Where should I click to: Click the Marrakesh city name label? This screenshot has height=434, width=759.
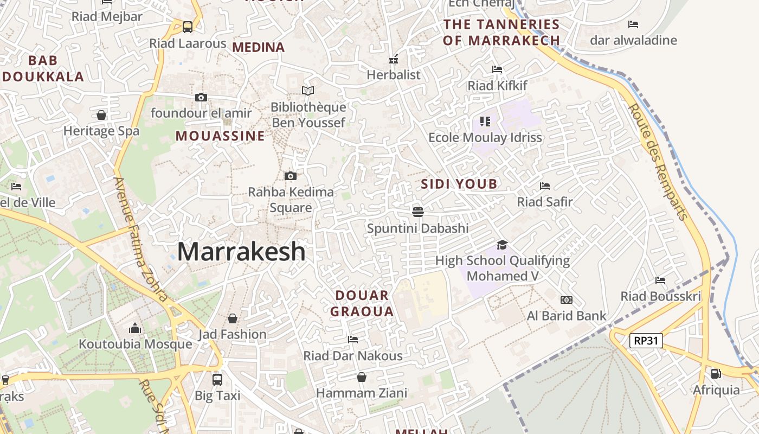point(241,252)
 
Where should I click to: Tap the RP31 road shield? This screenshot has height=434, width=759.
point(646,341)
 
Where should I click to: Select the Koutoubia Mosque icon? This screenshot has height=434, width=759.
point(135,328)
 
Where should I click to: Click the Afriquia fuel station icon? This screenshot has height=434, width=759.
point(716,374)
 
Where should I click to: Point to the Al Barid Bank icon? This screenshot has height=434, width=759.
point(566,300)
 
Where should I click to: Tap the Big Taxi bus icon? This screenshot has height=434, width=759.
point(217,379)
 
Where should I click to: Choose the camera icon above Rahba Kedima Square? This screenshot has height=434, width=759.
point(291,176)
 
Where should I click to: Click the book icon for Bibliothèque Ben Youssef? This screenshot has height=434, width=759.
point(308,91)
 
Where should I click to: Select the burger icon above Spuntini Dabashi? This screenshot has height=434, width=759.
point(417,212)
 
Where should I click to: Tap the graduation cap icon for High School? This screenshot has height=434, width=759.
point(502,245)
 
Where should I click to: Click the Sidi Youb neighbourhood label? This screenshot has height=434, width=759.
point(459,184)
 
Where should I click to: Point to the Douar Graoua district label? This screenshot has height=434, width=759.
point(362,303)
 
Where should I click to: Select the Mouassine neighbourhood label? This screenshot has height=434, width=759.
point(220,136)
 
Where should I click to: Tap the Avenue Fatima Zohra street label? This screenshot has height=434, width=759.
point(140,239)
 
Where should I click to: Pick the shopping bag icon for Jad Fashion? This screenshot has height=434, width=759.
point(233,318)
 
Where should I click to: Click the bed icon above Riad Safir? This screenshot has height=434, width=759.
point(545,186)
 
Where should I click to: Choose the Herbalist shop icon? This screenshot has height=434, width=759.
point(394,59)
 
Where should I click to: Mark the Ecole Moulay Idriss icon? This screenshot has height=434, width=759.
point(485,122)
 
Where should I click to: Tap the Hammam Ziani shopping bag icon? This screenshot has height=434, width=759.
point(362,377)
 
